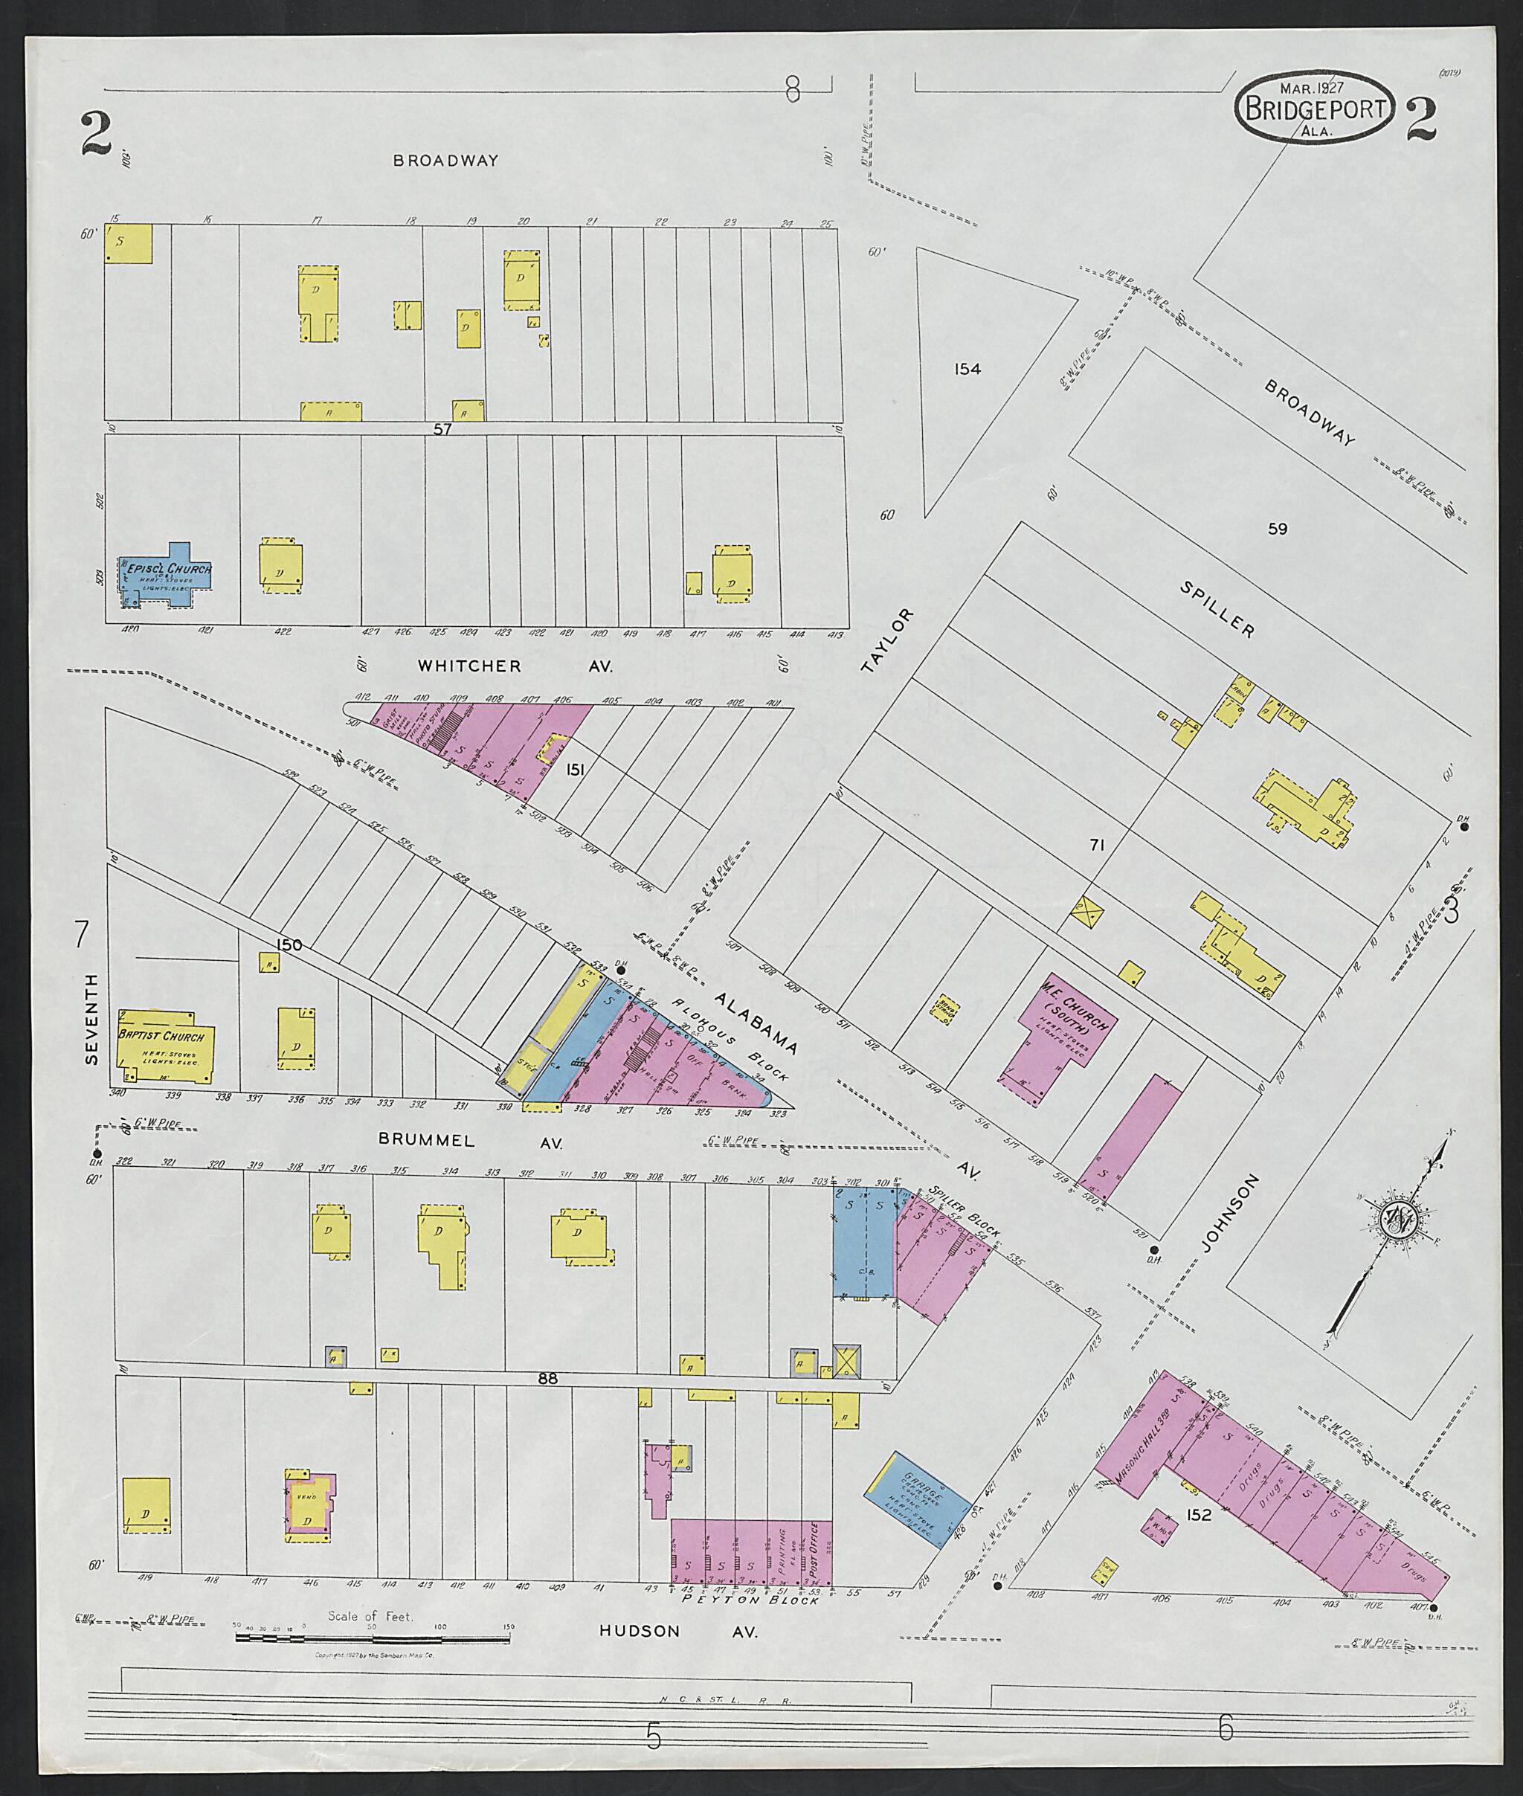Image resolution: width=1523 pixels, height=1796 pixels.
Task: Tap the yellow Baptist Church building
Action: (x=164, y=1046)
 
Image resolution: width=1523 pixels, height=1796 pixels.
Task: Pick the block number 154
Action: (x=967, y=370)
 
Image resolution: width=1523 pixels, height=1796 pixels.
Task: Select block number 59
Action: (x=1277, y=530)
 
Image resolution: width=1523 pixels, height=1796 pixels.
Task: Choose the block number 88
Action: (x=547, y=1379)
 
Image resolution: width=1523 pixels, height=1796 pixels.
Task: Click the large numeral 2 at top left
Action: (x=97, y=134)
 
